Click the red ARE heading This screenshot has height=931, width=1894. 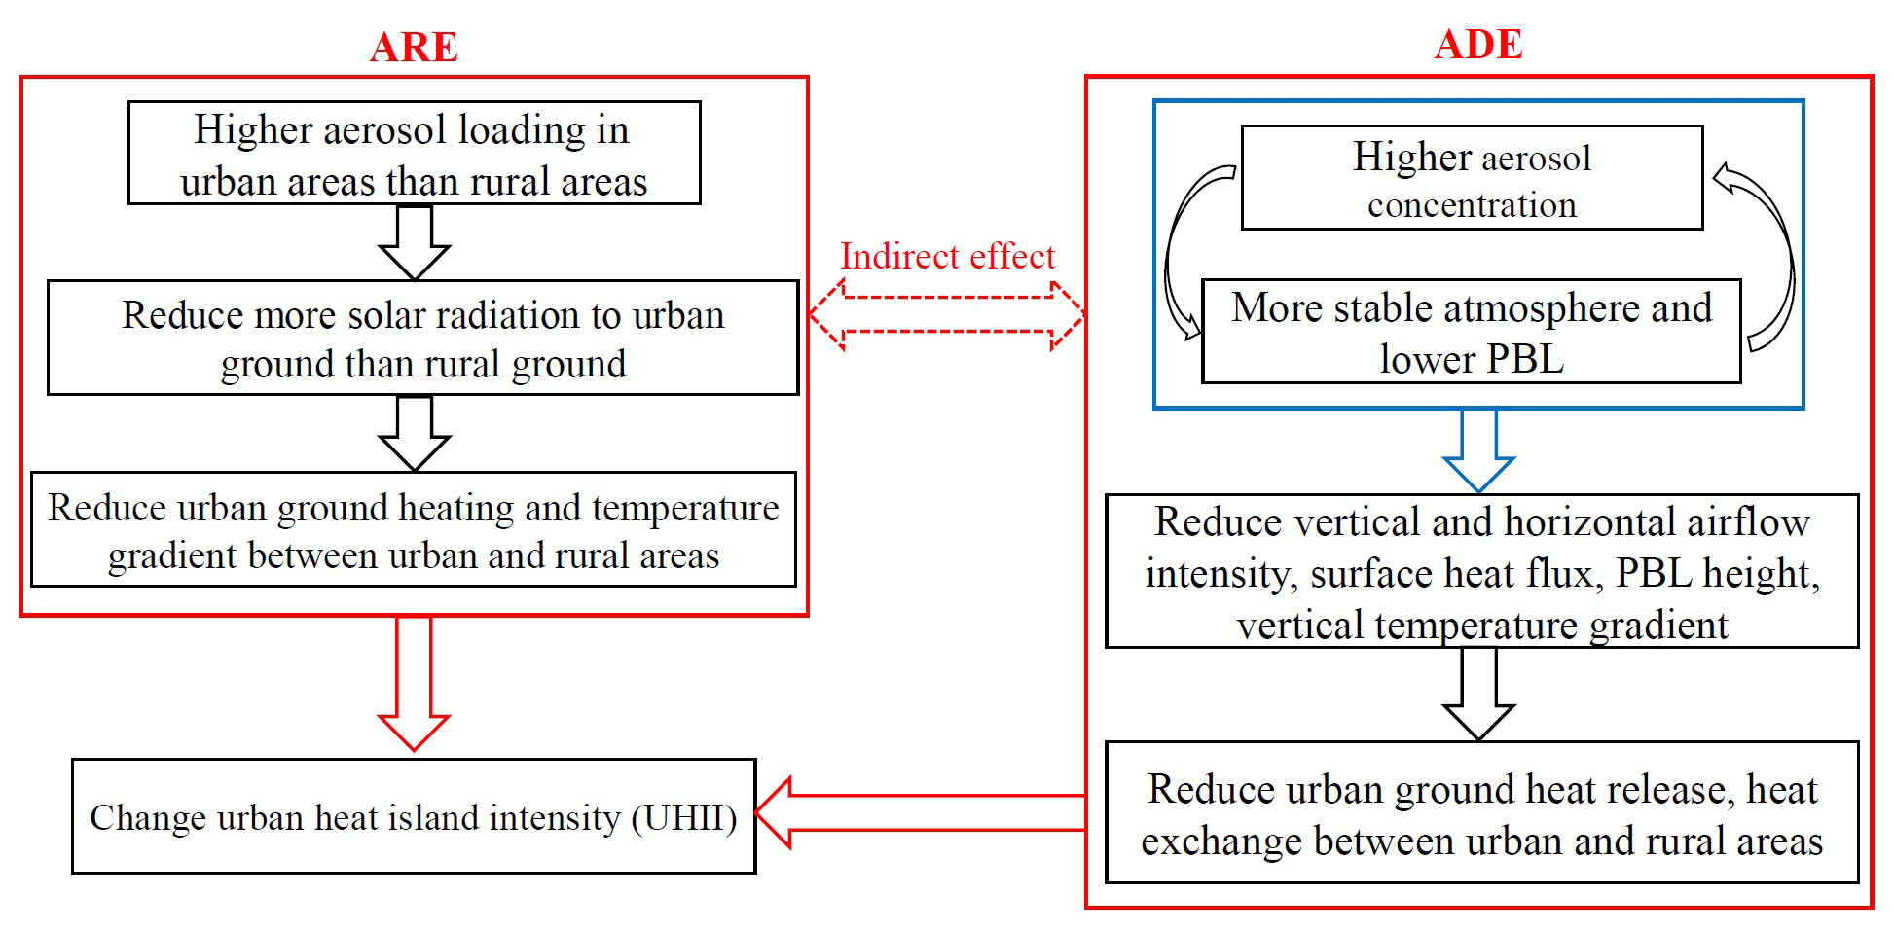click(414, 47)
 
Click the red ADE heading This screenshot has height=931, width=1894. click(1478, 44)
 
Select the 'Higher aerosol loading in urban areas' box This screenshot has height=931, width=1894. click(414, 154)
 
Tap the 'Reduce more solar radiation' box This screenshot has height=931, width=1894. click(422, 338)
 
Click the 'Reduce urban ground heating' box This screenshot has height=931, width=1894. click(413, 529)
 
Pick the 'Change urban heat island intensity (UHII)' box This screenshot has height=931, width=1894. click(414, 816)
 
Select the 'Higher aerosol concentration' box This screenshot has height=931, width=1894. click(1472, 178)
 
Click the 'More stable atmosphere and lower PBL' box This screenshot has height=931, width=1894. click(1471, 332)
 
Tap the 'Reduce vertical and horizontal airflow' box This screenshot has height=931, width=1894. click(1481, 571)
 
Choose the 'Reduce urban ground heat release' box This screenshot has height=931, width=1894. click(1481, 812)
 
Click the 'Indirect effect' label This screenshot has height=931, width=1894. click(947, 256)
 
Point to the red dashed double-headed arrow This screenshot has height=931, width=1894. click(947, 315)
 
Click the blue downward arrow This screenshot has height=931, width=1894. click(1478, 449)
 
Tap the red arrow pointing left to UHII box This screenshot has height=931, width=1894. click(920, 813)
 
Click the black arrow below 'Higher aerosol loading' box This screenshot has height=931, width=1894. click(414, 242)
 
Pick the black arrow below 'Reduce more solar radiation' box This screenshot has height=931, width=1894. click(414, 434)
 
